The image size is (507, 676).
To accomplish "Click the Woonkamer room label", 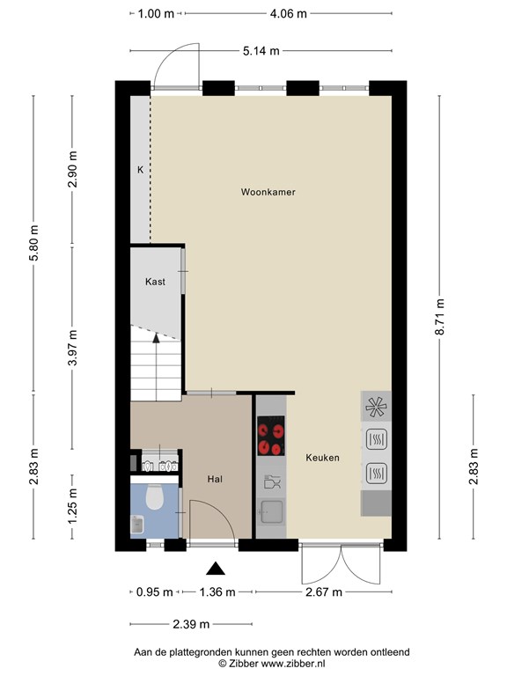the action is point(268,192).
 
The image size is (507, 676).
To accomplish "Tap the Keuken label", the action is point(322,458).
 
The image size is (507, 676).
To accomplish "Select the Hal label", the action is point(215,479).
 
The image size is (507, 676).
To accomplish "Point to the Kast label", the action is point(155,282).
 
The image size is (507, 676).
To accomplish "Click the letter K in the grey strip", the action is point(140,170).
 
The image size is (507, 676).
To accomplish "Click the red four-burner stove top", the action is point(271,436).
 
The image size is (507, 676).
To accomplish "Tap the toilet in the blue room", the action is point(154,496).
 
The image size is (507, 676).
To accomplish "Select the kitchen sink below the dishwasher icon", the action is point(271,511).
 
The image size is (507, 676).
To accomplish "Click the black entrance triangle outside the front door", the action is point(216,569).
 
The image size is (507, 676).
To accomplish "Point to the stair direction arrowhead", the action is point(156,338).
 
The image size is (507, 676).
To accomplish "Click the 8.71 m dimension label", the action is point(439,317).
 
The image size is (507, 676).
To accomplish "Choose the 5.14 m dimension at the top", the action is point(261,51).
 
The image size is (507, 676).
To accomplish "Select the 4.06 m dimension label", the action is point(289,14).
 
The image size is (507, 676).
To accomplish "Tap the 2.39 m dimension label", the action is point(191,624).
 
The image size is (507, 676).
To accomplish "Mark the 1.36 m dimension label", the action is point(217,591).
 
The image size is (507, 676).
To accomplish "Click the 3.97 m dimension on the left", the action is point(72,348).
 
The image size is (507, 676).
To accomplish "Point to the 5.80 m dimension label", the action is point(34,243).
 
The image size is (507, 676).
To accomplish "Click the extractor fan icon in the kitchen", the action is point(376,407).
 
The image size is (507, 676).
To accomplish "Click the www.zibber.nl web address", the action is point(293,664).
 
